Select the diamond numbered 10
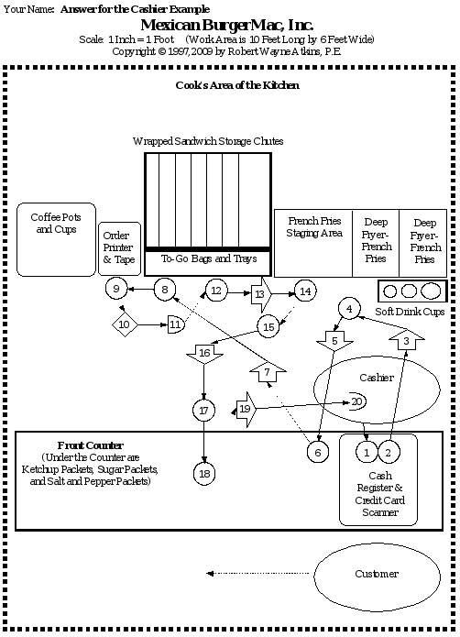click(126, 324)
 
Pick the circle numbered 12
click(216, 291)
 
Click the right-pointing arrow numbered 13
click(261, 293)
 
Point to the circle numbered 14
click(305, 291)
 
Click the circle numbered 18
click(204, 473)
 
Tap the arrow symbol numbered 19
click(246, 409)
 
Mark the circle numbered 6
click(317, 452)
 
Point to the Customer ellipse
click(377, 574)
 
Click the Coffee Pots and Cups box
click(57, 236)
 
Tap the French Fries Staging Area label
click(314, 227)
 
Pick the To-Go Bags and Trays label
click(209, 259)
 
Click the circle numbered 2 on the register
click(389, 452)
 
